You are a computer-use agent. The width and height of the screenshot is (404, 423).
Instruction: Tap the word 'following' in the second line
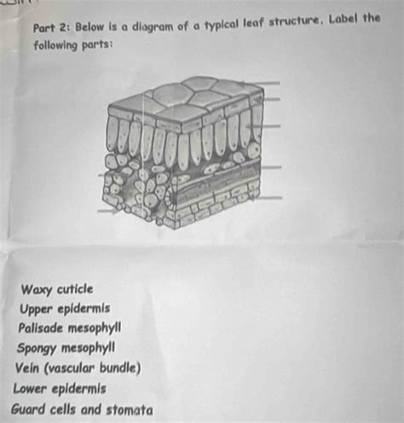pos(58,44)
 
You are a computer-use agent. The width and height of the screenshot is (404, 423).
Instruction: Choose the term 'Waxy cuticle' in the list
pos(57,289)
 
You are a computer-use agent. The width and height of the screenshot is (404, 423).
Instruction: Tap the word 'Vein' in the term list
pos(31,368)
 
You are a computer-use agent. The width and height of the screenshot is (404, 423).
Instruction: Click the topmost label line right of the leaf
pos(262,83)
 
